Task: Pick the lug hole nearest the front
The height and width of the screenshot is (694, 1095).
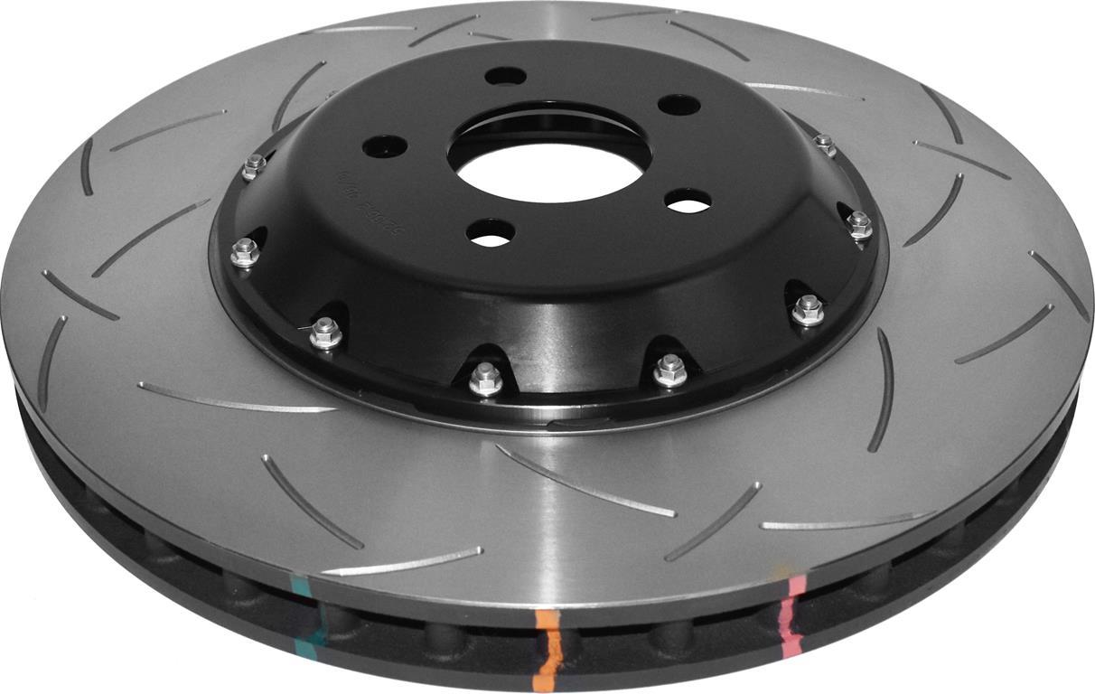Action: click(x=491, y=234)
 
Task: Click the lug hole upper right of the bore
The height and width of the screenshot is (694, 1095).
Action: click(x=679, y=105)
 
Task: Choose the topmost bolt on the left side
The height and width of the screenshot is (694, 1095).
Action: click(x=255, y=166)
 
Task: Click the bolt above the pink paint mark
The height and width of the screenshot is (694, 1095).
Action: click(x=807, y=310)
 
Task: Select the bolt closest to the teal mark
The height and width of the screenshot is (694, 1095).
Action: click(x=325, y=334)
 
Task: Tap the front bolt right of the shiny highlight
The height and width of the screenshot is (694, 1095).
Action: click(x=670, y=369)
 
